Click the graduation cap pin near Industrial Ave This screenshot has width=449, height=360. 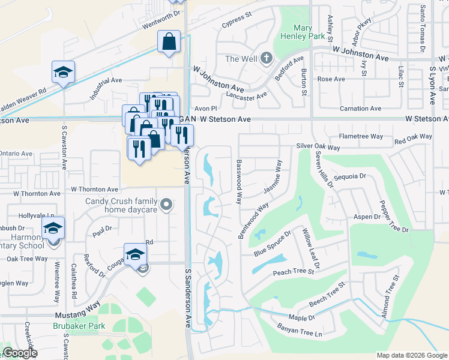pyautogui.click(x=63, y=71)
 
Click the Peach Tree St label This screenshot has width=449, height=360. pyautogui.click(x=294, y=272)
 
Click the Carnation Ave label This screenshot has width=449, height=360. pyautogui.click(x=360, y=109)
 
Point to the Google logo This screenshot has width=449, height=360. pyautogui.click(x=20, y=353)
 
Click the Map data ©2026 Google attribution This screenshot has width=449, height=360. pyautogui.click(x=411, y=355)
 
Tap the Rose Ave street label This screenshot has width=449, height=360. pyautogui.click(x=331, y=79)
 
